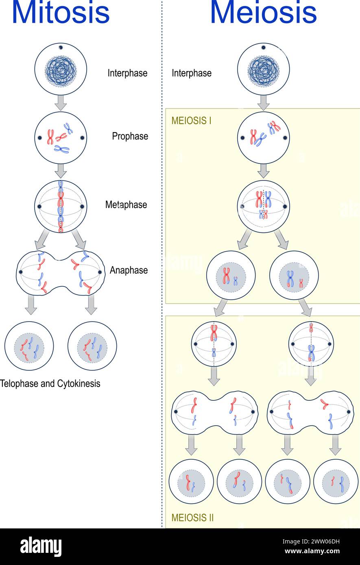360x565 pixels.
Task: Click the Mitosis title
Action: tap(61, 13)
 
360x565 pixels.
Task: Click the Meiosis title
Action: tap(263, 13)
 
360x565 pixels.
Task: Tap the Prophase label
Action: tap(130, 136)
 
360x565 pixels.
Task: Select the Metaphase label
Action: tap(126, 205)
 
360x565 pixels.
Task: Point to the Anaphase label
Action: tap(129, 270)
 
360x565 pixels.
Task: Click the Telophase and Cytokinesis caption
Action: tap(50, 383)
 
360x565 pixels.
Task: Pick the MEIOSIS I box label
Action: tap(191, 121)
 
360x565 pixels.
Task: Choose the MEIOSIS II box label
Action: tap(192, 517)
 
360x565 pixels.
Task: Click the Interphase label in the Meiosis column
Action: tap(192, 73)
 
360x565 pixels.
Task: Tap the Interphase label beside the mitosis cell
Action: tap(127, 73)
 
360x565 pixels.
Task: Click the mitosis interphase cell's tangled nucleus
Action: tap(61, 72)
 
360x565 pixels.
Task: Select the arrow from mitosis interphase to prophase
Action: tap(61, 102)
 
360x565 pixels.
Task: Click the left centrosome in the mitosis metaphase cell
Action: tap(39, 207)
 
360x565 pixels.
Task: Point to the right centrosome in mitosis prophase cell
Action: tap(83, 138)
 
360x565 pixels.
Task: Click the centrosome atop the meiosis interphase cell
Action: tap(263, 47)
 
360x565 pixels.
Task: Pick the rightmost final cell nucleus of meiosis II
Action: tap(336, 482)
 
